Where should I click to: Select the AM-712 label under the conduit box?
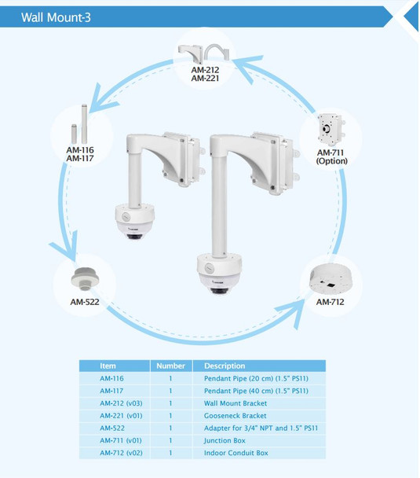(331, 301)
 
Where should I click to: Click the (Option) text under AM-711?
(331, 160)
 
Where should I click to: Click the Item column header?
(108, 366)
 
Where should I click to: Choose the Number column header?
(170, 366)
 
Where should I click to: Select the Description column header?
(225, 366)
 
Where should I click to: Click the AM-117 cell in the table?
(111, 391)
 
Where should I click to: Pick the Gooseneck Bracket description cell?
(235, 416)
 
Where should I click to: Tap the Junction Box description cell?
(225, 441)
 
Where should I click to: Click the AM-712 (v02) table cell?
(120, 454)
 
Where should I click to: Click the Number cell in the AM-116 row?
(170, 378)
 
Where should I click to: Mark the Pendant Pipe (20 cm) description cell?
(256, 378)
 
